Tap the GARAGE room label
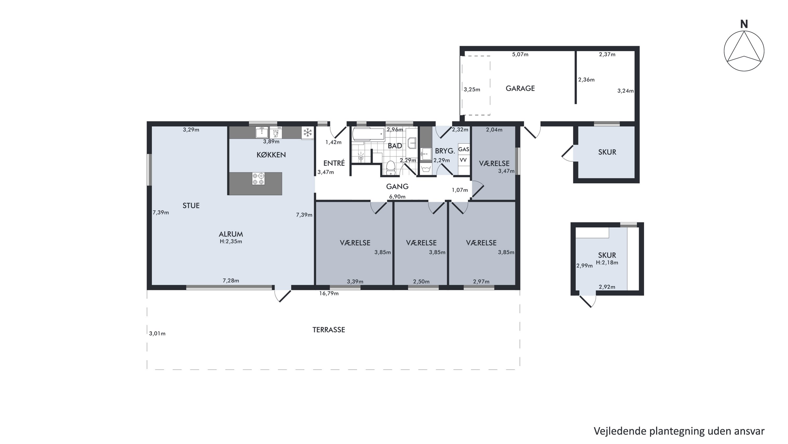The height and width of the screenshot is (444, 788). pyautogui.click(x=520, y=88)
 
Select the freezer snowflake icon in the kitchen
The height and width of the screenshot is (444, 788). pyautogui.click(x=307, y=133)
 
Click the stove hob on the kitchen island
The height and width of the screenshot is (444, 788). pyautogui.click(x=258, y=179)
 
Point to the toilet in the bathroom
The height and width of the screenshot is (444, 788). pyautogui.click(x=390, y=168)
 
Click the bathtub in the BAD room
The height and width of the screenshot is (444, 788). pyautogui.click(x=368, y=134)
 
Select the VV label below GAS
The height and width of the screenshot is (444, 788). pyautogui.click(x=463, y=160)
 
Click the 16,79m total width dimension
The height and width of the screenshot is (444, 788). pyautogui.click(x=329, y=293)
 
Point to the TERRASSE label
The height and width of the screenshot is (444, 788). pyautogui.click(x=329, y=330)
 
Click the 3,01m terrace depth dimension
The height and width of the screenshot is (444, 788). pyautogui.click(x=157, y=333)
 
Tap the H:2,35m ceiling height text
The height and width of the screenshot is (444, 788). pyautogui.click(x=231, y=241)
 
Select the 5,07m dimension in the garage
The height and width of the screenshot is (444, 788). pyautogui.click(x=520, y=54)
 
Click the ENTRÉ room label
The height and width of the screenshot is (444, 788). pyautogui.click(x=334, y=163)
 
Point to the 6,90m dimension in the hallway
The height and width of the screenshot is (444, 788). pyautogui.click(x=397, y=197)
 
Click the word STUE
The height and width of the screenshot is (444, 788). pyautogui.click(x=191, y=206)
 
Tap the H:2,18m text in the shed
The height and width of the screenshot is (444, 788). pyautogui.click(x=607, y=263)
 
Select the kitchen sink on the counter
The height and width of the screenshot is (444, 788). pyautogui.click(x=262, y=132)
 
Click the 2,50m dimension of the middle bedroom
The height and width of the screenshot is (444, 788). pyautogui.click(x=421, y=282)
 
